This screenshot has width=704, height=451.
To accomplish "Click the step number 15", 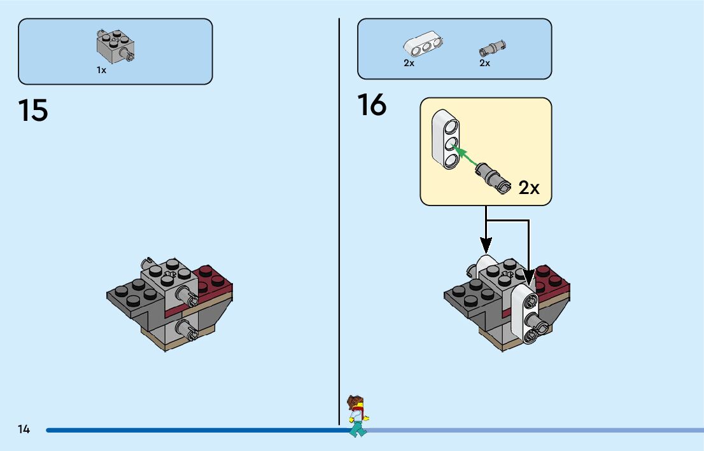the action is (x=32, y=111).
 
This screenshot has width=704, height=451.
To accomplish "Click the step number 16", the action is (x=372, y=104).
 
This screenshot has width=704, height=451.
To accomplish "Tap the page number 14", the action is (x=24, y=429).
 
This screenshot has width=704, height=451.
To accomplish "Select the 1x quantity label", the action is (x=101, y=70).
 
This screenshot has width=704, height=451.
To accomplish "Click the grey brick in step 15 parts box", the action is (x=115, y=46).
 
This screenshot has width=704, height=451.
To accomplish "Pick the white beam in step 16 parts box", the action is (x=423, y=43).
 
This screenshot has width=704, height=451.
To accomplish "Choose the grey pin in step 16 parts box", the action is (x=493, y=48).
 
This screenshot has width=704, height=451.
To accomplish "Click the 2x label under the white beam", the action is (x=409, y=63).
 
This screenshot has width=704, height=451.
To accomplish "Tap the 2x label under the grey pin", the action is (x=484, y=63).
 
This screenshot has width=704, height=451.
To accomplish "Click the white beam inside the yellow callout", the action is (x=446, y=139).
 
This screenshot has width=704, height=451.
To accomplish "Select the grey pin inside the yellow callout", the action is (x=493, y=177).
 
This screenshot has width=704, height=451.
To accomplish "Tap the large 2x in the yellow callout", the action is (x=529, y=188).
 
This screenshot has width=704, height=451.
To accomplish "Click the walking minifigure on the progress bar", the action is (x=358, y=416).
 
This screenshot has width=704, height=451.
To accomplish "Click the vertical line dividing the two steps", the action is (x=339, y=222).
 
